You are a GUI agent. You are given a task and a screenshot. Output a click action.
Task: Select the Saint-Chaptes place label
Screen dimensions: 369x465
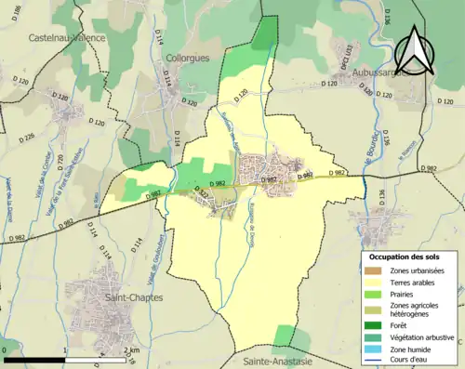click(135, 297)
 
